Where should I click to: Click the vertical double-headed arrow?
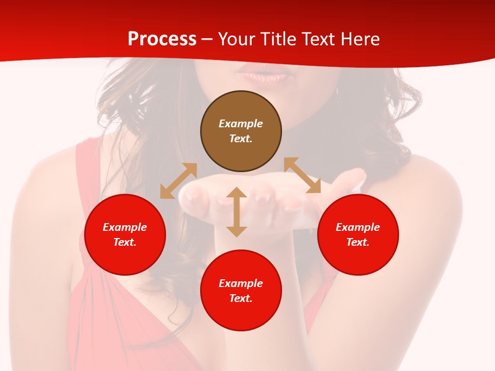click(237, 212)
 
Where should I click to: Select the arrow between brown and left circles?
click(178, 181)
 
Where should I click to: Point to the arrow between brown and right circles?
click(302, 175)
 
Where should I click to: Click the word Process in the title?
click(162, 39)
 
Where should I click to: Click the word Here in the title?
click(360, 39)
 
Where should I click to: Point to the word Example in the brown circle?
click(241, 124)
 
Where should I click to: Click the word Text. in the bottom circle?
click(241, 298)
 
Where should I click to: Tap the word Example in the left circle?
click(125, 227)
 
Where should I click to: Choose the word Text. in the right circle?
click(358, 242)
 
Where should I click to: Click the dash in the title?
click(207, 39)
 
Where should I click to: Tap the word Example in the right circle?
click(358, 227)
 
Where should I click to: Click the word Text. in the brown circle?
click(241, 139)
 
